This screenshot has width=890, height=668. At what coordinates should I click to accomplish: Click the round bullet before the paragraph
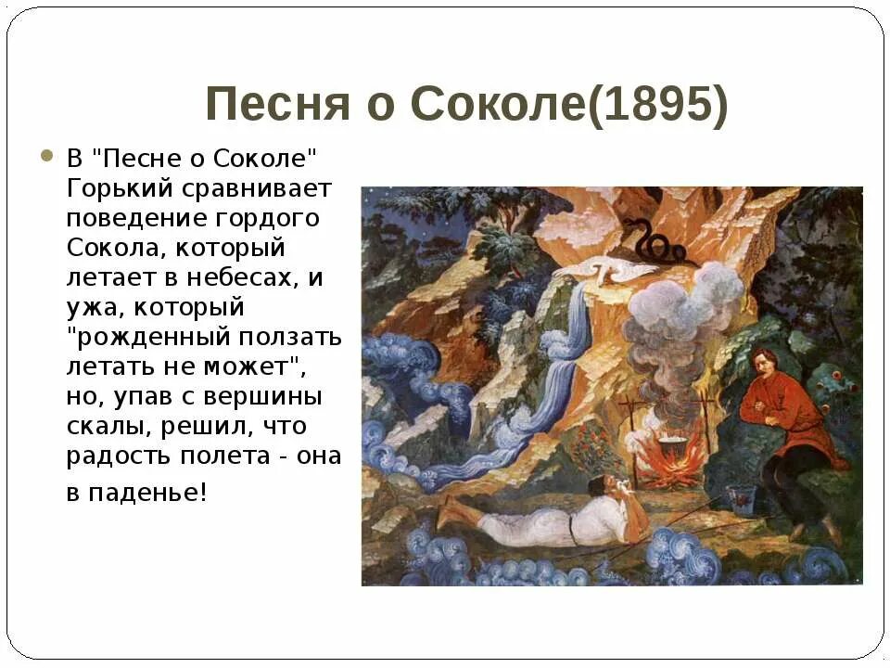point(48,156)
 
